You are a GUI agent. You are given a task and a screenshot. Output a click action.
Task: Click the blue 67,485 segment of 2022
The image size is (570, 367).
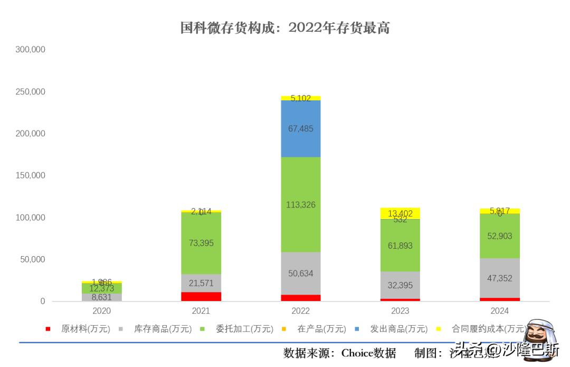[301, 129]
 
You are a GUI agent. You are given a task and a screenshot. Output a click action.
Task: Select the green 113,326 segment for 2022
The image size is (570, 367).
[301, 204]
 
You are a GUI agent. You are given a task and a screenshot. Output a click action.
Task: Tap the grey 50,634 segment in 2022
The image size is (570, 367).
[301, 273]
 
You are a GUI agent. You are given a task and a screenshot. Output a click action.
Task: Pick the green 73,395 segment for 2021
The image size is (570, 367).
[201, 243]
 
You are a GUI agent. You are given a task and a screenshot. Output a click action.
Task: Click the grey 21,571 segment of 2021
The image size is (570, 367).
[201, 283]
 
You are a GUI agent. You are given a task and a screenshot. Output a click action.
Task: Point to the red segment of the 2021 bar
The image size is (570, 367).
[201, 296]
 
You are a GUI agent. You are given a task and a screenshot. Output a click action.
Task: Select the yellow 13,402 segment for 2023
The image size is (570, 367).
[400, 213]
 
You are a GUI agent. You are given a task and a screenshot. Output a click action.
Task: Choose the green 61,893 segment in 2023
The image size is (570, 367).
[400, 246]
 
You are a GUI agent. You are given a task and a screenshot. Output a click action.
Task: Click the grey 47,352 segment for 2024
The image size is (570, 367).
[500, 278]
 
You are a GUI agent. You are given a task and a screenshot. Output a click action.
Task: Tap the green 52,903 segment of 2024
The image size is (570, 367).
[500, 236]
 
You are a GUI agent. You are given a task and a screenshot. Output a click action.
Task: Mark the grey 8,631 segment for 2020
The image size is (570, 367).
[102, 297]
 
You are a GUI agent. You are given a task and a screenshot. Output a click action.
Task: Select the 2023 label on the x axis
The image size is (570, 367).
[400, 312]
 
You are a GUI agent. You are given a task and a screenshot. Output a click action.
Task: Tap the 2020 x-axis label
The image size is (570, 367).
[102, 312]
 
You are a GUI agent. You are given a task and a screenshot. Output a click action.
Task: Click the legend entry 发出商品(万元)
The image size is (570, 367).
[403, 329]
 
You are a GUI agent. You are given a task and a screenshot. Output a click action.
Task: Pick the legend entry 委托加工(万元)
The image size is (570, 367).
[244, 329]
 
